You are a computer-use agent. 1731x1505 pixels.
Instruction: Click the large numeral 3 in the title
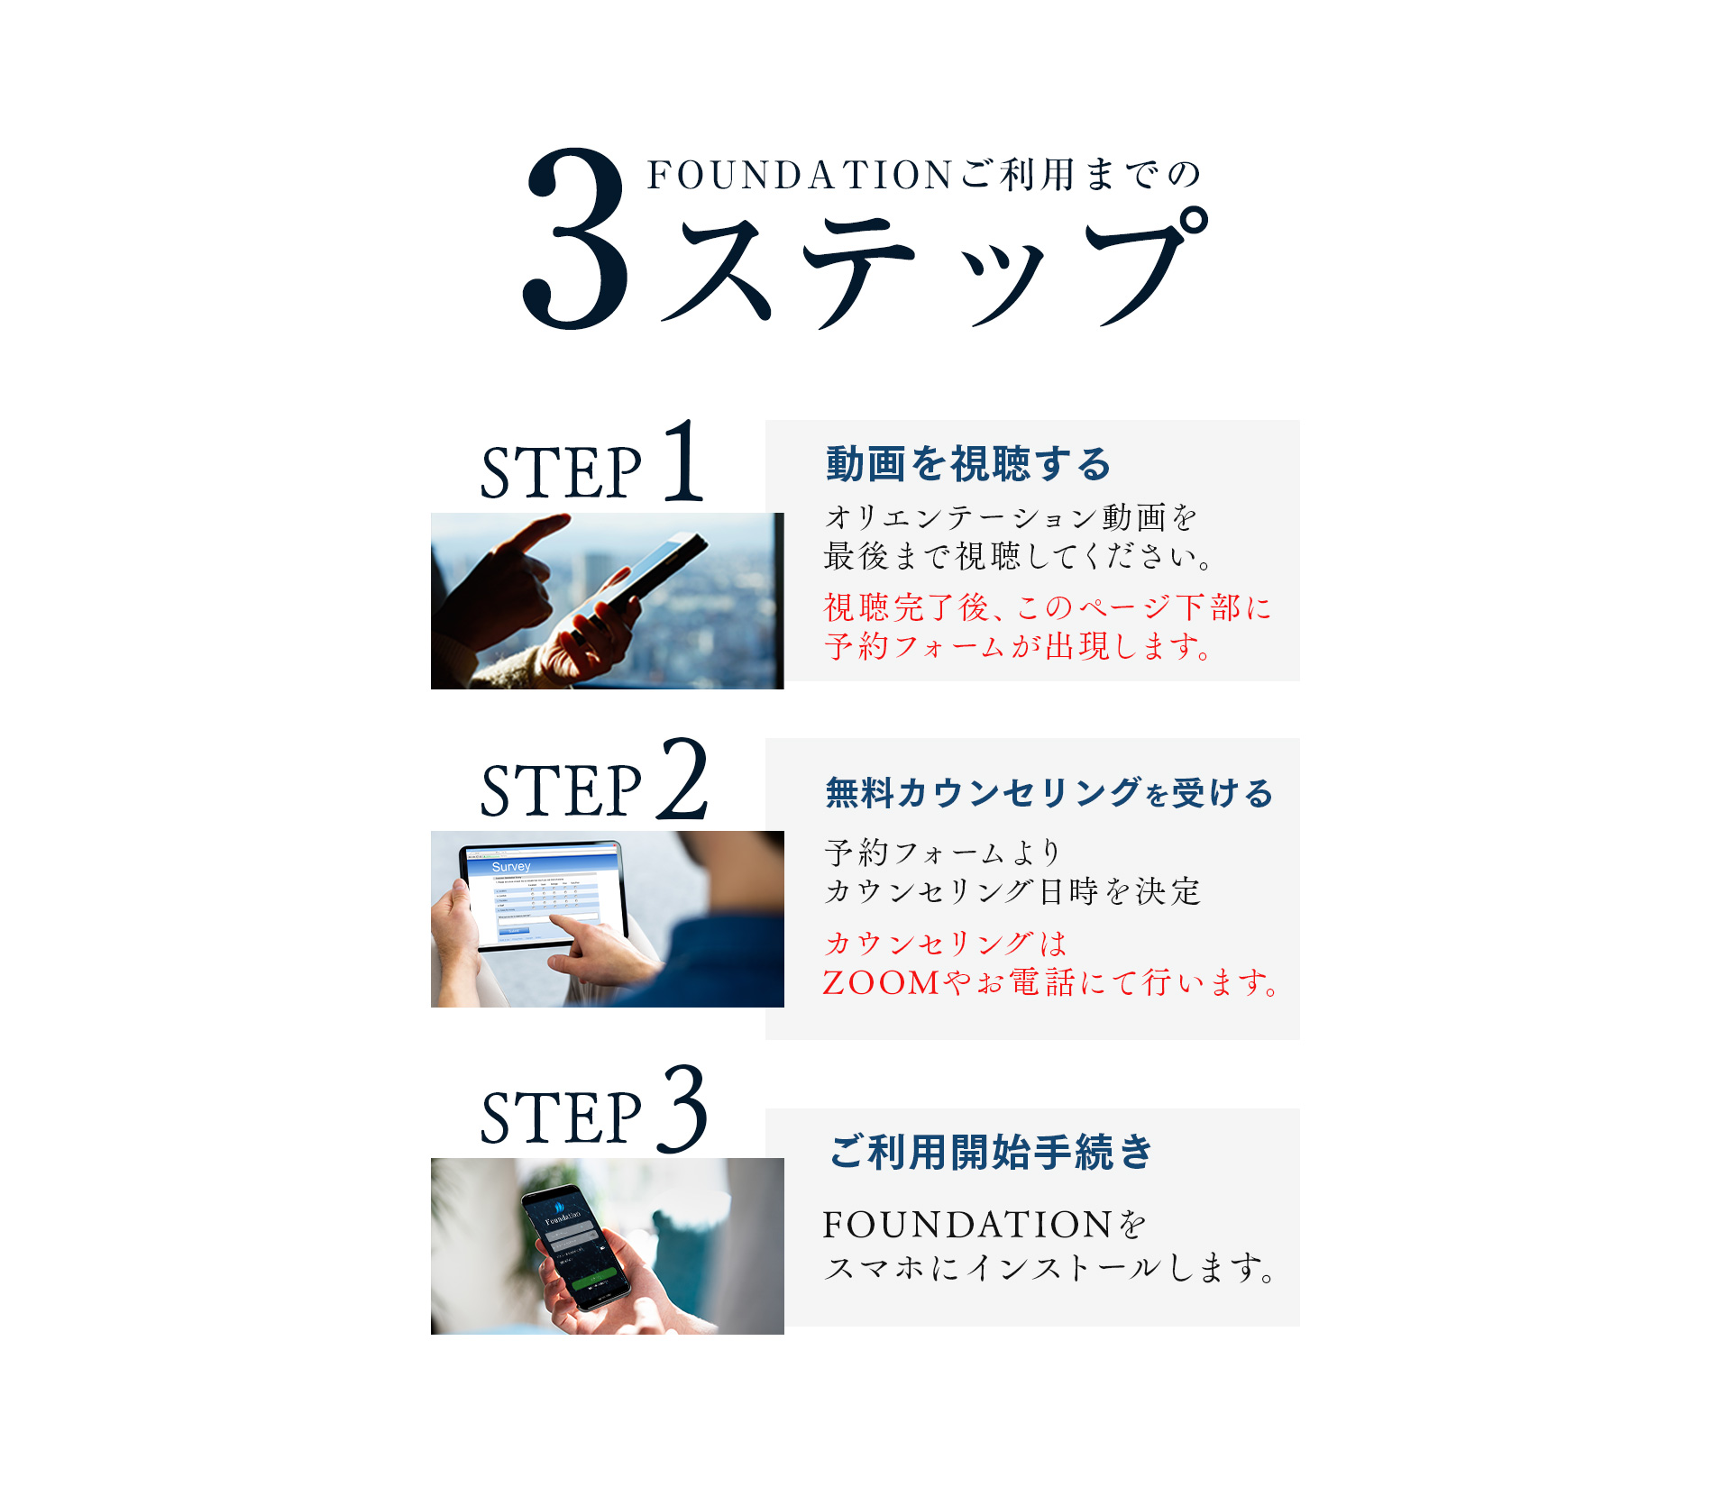click(576, 238)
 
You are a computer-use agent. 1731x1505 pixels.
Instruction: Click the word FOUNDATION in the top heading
click(800, 175)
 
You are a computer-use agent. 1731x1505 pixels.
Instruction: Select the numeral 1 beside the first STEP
click(683, 461)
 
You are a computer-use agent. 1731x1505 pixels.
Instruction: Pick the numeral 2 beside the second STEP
click(682, 779)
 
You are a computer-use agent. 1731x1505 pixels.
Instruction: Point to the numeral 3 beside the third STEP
click(682, 1108)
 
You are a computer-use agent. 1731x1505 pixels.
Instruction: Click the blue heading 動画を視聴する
click(968, 463)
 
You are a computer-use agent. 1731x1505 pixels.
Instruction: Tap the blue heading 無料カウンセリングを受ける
click(1049, 793)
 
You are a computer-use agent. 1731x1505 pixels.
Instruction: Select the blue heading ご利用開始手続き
click(991, 1152)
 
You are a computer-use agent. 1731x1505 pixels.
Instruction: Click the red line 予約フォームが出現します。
click(1019, 646)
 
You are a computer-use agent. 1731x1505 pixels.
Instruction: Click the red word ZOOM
click(882, 982)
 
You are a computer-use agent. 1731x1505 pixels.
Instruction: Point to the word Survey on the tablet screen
click(511, 866)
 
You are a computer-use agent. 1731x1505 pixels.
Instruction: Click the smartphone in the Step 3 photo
click(574, 1247)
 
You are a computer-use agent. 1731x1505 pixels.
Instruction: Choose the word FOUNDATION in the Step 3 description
click(966, 1225)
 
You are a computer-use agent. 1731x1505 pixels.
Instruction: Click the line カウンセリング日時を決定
click(1012, 891)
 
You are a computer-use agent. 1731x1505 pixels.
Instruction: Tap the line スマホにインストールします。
click(1050, 1267)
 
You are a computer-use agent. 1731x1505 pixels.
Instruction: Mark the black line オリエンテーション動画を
click(1011, 517)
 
